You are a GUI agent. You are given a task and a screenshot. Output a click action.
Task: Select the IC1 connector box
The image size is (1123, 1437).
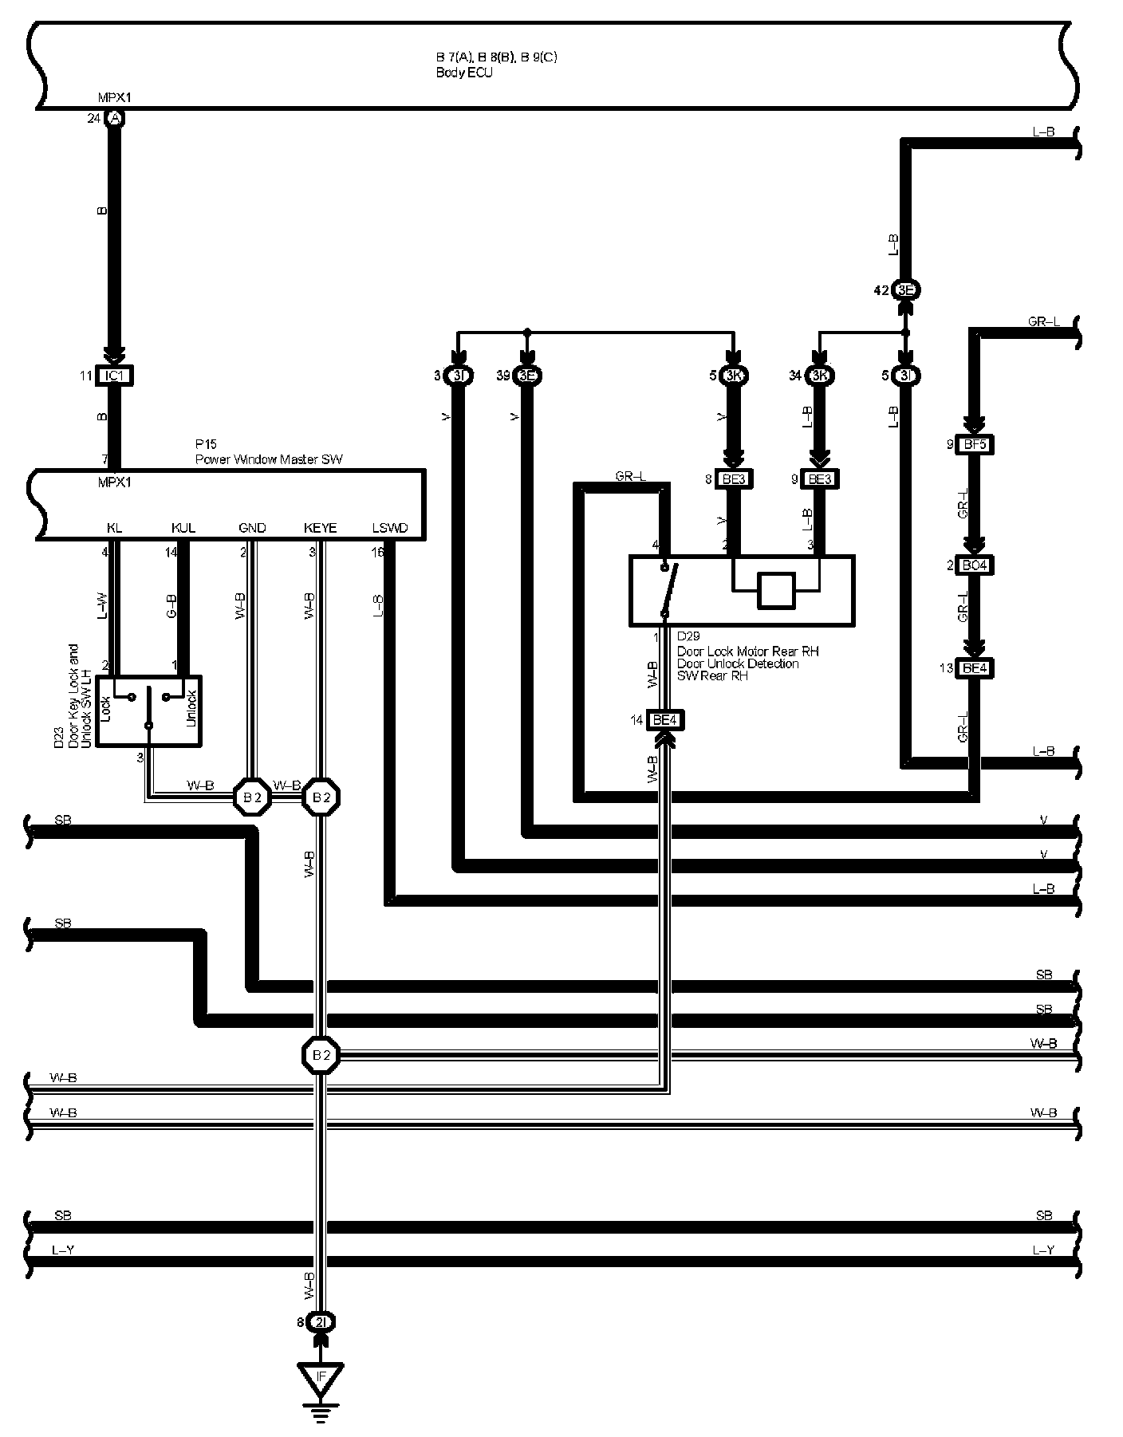tap(114, 376)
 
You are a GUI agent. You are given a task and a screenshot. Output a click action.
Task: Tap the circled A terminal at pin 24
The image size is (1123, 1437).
tap(115, 119)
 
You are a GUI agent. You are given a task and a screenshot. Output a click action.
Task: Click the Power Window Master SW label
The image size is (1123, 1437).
tap(269, 459)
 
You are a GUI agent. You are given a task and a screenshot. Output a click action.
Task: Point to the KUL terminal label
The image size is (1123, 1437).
tap(183, 528)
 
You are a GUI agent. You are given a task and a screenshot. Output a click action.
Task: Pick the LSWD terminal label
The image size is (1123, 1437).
tap(390, 528)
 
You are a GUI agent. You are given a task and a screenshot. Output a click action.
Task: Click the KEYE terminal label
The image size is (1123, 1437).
tap(320, 528)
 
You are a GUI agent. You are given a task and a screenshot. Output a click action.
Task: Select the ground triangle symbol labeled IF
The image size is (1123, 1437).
tap(321, 1376)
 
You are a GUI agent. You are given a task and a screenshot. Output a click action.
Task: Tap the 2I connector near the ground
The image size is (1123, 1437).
tap(321, 1322)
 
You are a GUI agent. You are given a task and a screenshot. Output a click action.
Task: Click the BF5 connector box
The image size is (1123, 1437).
tap(974, 444)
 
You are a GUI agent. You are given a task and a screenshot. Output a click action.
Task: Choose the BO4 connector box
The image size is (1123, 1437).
tap(974, 565)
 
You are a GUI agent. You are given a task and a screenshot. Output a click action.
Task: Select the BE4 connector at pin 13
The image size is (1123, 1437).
tap(974, 668)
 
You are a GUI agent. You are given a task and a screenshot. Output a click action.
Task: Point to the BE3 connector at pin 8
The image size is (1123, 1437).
tap(731, 479)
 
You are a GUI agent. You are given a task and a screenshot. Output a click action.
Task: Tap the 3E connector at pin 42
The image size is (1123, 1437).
tap(904, 290)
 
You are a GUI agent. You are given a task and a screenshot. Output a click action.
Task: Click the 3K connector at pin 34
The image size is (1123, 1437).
tap(818, 376)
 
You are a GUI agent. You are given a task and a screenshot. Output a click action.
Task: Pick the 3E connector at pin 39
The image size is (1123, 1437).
tap(526, 376)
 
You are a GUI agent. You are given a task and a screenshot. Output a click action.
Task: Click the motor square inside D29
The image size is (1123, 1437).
tap(776, 591)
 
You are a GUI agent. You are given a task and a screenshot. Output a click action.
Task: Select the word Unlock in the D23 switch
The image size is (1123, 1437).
tap(191, 708)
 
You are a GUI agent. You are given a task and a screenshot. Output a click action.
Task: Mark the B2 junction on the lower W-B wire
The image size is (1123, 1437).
tap(321, 1055)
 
